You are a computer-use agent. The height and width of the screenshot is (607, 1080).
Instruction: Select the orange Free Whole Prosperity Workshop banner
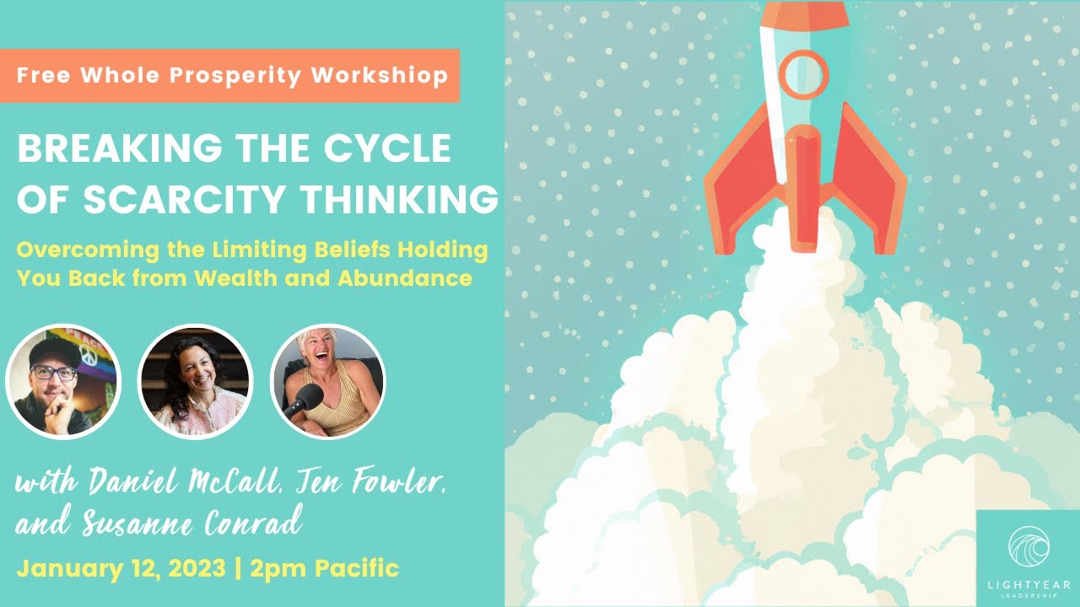tap(229, 75)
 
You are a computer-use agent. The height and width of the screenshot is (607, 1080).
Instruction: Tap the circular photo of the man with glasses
tap(63, 382)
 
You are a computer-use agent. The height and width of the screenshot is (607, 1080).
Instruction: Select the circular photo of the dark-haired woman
tap(194, 382)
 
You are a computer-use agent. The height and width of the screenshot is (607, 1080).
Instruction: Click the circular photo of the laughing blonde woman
tap(327, 382)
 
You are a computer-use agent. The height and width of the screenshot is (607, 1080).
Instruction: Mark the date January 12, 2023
tap(120, 567)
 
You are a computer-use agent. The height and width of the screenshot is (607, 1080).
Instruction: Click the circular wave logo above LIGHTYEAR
tap(1028, 546)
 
